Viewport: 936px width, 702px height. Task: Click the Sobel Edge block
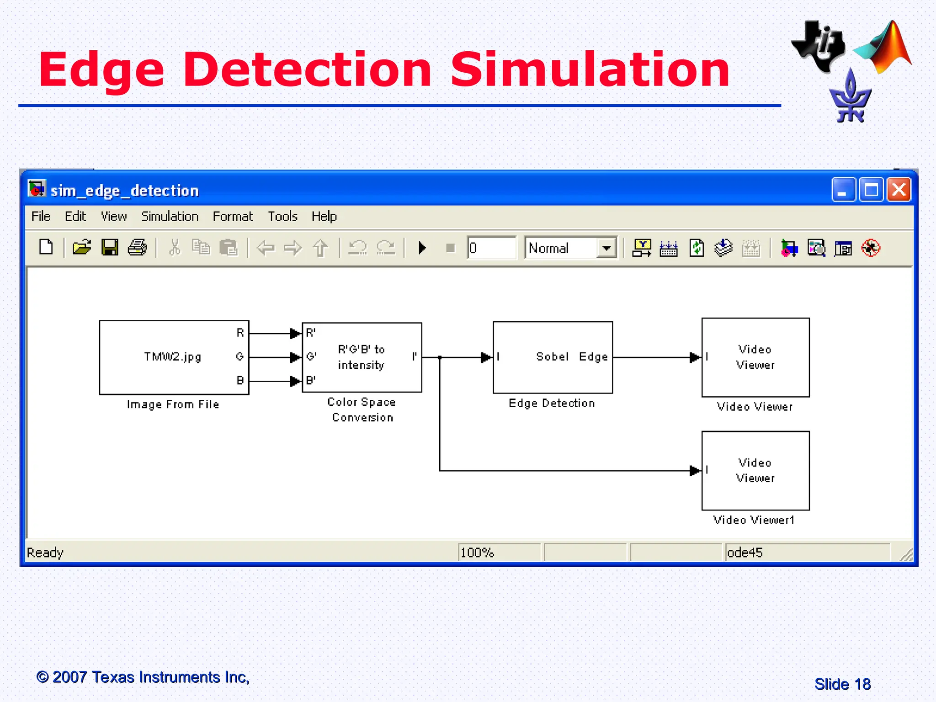(x=553, y=357)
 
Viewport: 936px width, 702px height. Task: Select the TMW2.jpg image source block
(x=174, y=357)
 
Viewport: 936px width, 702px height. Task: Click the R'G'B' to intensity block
(x=362, y=357)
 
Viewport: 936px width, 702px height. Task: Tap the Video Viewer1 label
(x=754, y=520)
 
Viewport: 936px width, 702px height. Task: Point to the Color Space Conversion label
(x=362, y=409)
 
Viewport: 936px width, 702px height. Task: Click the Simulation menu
(x=170, y=216)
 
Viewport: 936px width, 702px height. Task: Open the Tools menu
(x=282, y=216)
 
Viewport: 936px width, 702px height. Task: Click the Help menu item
(x=324, y=216)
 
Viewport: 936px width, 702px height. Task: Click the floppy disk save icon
(x=110, y=248)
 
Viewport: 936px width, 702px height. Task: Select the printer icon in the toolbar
(x=137, y=248)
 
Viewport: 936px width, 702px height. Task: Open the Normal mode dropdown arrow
(x=606, y=248)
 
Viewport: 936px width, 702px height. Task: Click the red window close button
(x=899, y=190)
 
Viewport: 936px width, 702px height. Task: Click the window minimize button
(x=843, y=190)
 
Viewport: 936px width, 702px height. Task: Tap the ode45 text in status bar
(x=745, y=553)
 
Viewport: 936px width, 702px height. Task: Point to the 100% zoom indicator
(x=477, y=553)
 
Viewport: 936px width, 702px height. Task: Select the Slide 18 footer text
(x=842, y=684)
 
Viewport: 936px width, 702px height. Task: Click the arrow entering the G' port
(x=295, y=357)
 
